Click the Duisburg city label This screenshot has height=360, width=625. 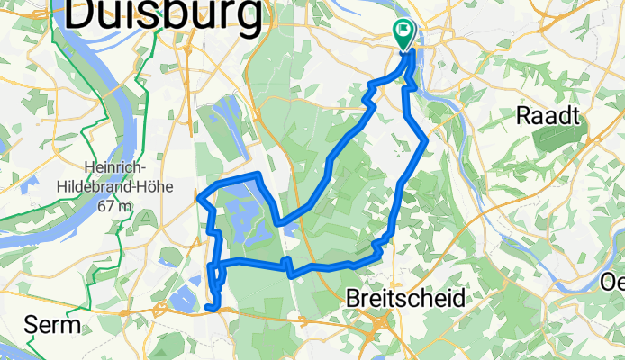(165, 14)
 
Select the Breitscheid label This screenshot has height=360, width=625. (406, 298)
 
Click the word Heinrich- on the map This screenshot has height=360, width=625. (120, 166)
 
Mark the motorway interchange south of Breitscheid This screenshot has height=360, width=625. (384, 325)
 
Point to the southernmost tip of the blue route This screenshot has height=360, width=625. (211, 308)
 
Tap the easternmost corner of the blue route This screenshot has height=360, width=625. (425, 139)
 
